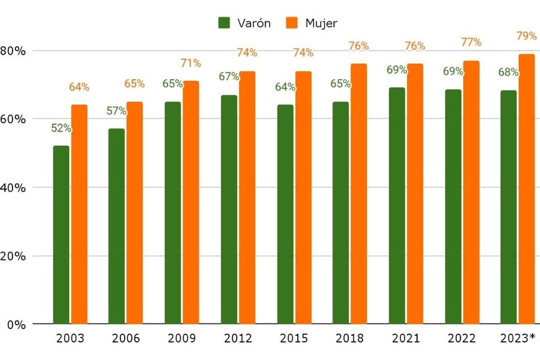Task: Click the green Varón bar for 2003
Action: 61,235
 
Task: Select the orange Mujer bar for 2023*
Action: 526,189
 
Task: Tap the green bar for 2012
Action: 228,209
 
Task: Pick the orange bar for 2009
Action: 191,202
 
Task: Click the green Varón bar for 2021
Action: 397,205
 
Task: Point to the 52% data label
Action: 61,128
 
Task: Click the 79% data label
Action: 526,36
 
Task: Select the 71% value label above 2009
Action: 191,63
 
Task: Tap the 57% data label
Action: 117,111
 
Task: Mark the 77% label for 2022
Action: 471,42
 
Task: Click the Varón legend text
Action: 254,24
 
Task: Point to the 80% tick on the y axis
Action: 13,50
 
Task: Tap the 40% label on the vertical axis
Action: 13,187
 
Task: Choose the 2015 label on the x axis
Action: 294,339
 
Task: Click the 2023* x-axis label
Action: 518,339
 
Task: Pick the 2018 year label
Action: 349,339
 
